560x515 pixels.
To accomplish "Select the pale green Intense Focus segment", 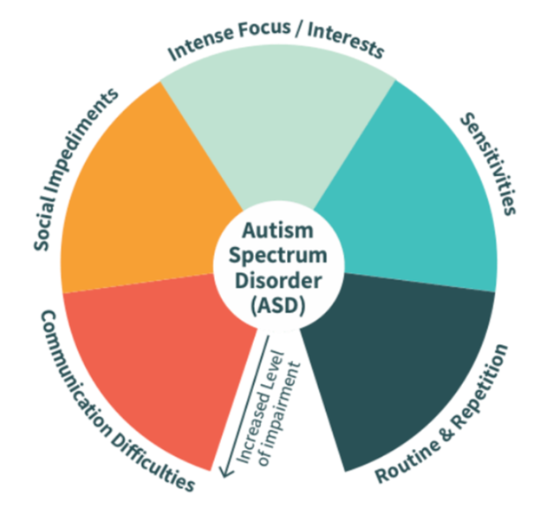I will tap(277, 121).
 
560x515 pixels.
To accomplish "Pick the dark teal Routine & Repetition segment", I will tap(399, 364).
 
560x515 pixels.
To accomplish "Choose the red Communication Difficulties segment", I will tap(156, 364).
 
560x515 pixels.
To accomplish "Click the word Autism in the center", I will tap(280, 233).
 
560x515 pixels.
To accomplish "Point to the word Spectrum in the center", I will tap(280, 258).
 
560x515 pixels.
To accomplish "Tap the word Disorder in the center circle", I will tap(280, 283).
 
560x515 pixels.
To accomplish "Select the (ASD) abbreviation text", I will tap(280, 307).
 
